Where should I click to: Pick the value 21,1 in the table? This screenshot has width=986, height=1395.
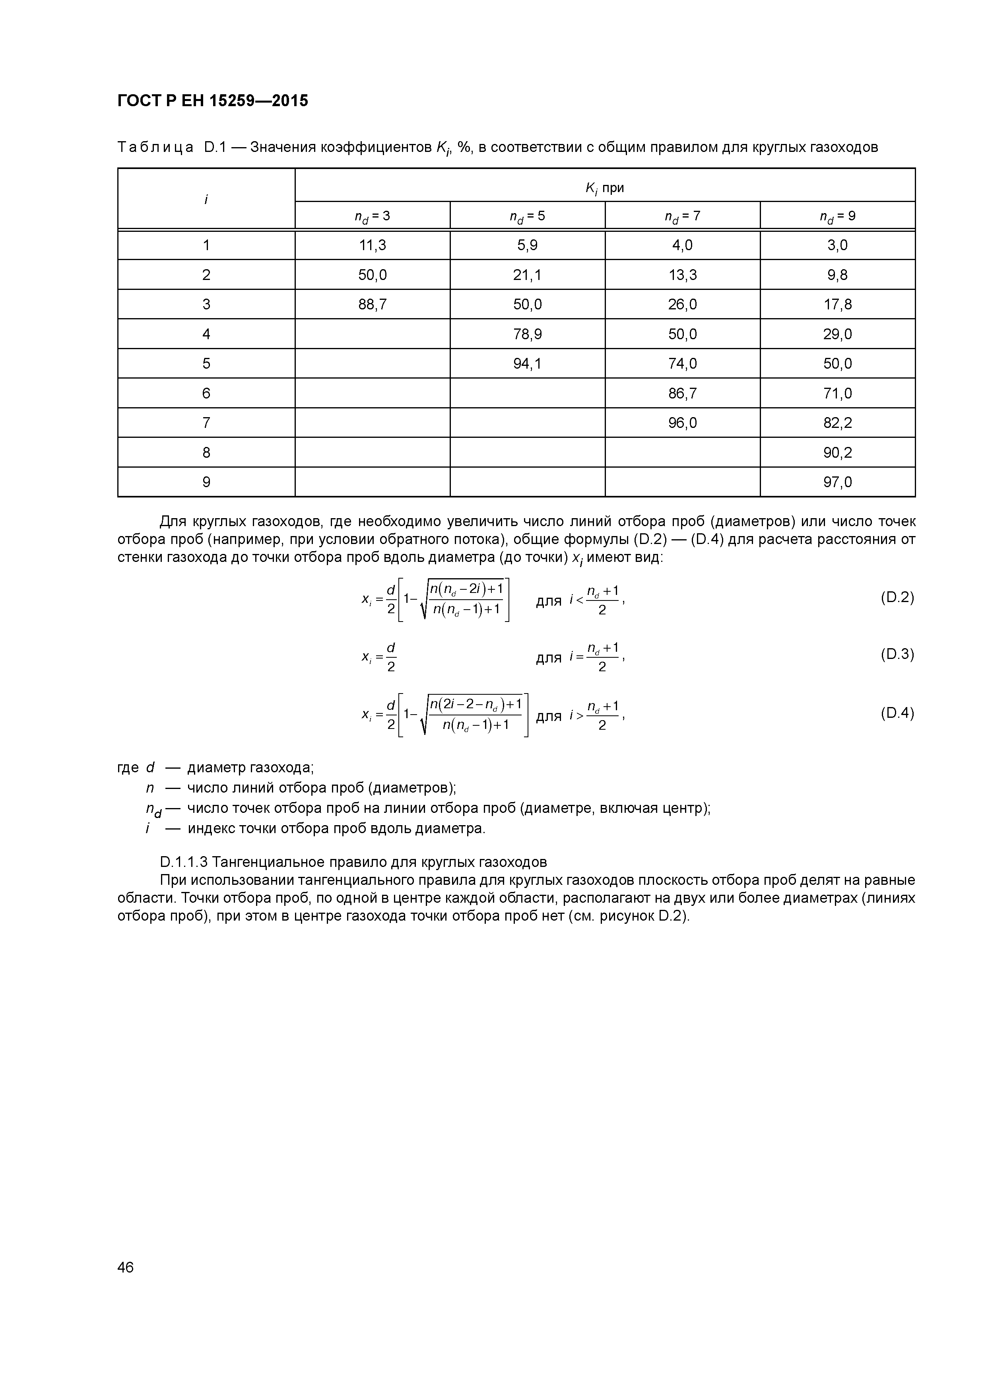(527, 275)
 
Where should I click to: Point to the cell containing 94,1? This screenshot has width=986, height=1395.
(527, 364)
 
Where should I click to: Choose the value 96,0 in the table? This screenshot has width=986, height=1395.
(682, 423)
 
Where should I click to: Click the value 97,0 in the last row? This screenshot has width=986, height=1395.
(838, 482)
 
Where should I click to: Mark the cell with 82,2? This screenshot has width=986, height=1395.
(838, 423)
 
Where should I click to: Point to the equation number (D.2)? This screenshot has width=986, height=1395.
(897, 597)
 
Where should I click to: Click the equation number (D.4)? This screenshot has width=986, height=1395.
(897, 713)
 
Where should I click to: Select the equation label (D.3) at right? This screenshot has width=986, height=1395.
(897, 655)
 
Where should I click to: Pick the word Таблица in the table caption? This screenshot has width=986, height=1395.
(155, 147)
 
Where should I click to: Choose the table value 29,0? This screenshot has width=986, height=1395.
(838, 334)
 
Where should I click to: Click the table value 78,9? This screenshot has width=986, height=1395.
(527, 334)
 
